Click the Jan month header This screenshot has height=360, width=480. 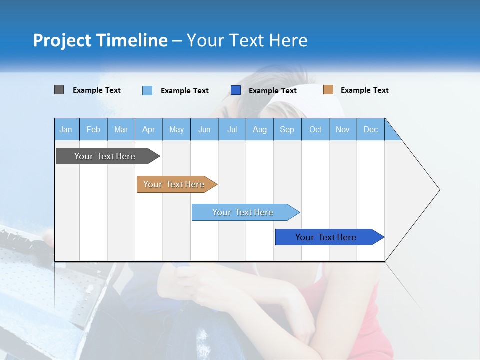coord(66,129)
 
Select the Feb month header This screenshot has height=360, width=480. coord(93,129)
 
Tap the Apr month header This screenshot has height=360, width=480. coord(148,129)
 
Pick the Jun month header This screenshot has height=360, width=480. coord(204,129)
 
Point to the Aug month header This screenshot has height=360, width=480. coord(259,129)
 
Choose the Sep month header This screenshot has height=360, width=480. coord(287,129)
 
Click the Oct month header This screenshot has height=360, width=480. coord(315,129)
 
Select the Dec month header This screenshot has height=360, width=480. coord(370,129)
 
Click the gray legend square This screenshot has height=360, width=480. coord(59,90)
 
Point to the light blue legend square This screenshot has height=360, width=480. coord(147,90)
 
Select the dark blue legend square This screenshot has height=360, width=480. coord(236,90)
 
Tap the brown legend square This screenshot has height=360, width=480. coord(328,90)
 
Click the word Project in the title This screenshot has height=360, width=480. coord(62,40)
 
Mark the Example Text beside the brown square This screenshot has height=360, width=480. coord(364,90)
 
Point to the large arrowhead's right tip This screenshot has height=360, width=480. coord(439,190)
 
